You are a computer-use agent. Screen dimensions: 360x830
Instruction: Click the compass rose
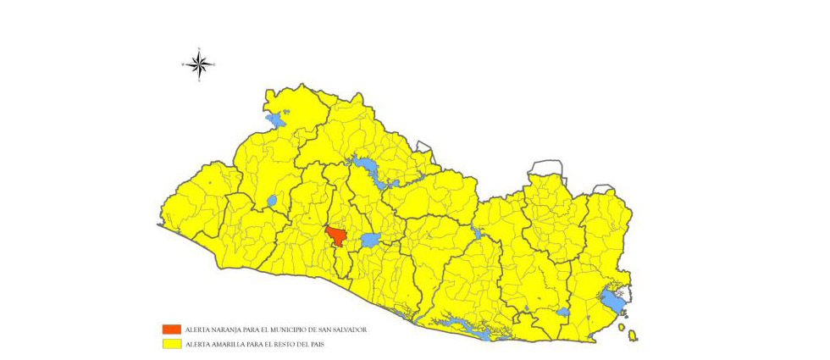click(199, 64)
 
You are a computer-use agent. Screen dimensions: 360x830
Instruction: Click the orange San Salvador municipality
click(336, 235)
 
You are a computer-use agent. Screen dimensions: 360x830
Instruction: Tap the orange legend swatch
click(172, 329)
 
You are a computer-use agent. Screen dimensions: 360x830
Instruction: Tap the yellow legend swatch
click(172, 344)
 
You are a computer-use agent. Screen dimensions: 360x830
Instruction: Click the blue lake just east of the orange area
click(370, 241)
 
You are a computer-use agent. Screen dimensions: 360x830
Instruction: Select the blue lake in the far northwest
click(277, 120)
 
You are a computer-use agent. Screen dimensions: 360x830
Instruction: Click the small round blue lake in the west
click(271, 202)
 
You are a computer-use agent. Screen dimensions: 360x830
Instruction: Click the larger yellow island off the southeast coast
click(632, 337)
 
